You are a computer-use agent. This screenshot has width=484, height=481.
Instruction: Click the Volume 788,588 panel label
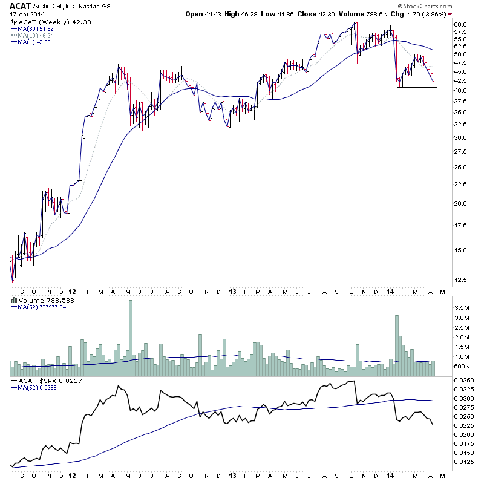[38, 299]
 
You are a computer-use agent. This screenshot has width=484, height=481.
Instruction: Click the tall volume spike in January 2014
[397, 342]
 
